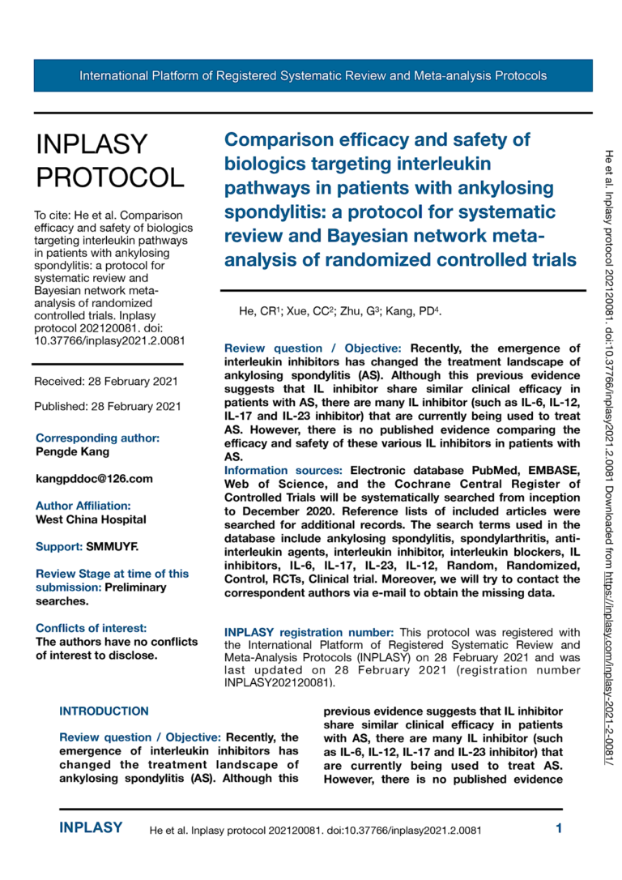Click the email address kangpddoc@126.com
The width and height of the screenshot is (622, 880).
(x=94, y=479)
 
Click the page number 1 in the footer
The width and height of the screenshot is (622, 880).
(x=559, y=828)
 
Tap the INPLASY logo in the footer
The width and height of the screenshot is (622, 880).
(x=92, y=828)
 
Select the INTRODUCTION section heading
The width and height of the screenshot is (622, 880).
(x=104, y=711)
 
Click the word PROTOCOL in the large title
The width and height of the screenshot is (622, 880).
(x=110, y=176)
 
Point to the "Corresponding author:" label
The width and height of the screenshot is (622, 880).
(x=97, y=438)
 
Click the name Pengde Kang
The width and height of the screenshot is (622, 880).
(x=73, y=451)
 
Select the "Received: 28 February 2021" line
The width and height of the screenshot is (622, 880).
(x=106, y=381)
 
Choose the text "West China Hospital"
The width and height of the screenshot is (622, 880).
(x=91, y=519)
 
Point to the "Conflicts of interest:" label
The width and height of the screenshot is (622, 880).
(x=92, y=628)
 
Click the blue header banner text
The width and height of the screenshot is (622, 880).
(x=313, y=76)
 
